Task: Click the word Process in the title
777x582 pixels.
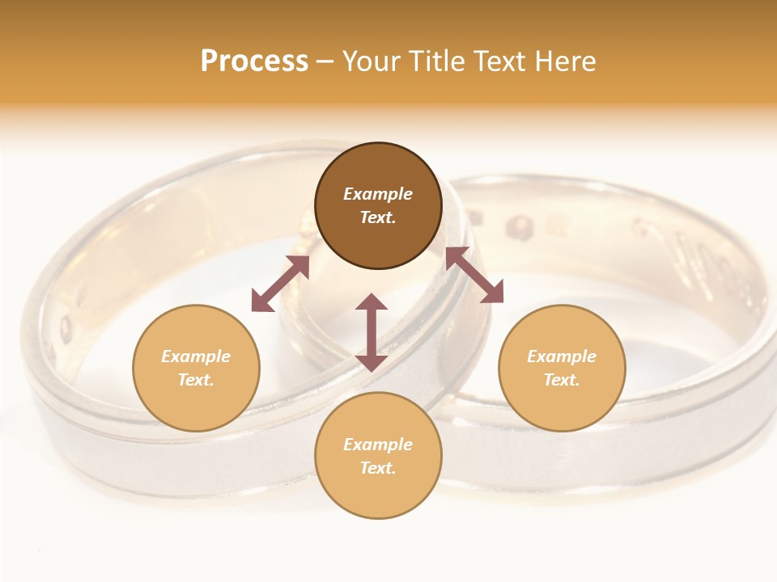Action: [254, 61]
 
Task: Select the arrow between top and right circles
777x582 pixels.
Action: [474, 275]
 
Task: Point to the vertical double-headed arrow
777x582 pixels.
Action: [372, 332]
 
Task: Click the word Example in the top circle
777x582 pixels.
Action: [378, 194]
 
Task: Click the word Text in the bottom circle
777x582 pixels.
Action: [378, 468]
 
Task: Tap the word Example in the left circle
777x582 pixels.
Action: [196, 356]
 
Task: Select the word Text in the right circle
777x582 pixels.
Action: [562, 380]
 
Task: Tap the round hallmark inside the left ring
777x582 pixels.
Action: [66, 327]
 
